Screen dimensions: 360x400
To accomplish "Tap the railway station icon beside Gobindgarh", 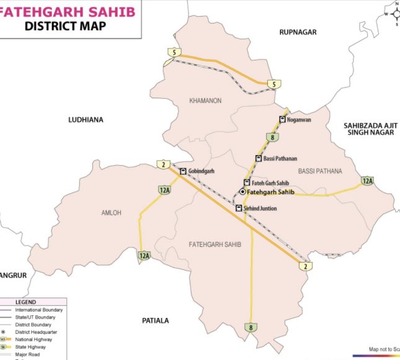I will point(183,171).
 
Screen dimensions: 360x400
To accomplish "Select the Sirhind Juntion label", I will point(260,209).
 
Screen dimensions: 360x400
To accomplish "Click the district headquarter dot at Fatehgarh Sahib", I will point(242,192).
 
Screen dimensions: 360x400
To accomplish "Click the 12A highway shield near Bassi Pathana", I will point(367,181).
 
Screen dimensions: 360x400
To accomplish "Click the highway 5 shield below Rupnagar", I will point(272,84).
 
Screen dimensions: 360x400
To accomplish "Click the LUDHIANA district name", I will point(86,119).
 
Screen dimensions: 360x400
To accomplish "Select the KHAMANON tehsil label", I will point(205,101).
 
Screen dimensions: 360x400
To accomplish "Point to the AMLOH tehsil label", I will point(112,213).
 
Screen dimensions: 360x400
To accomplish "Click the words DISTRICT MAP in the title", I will point(64,25).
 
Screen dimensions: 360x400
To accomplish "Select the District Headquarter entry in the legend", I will point(36,332).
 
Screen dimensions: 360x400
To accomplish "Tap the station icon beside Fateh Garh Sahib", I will point(246,182).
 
